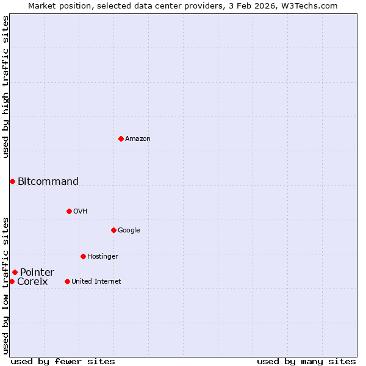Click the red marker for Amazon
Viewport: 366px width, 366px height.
tap(121, 138)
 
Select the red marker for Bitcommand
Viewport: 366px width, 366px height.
tap(12, 181)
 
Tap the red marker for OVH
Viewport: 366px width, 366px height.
tap(69, 211)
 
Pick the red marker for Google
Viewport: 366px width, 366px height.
tap(113, 230)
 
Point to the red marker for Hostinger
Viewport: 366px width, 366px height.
tap(83, 256)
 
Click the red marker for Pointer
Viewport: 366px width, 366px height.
tap(15, 272)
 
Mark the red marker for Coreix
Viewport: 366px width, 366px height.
tap(12, 281)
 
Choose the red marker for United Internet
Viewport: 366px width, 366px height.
tap(67, 281)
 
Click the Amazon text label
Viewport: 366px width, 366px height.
tap(138, 139)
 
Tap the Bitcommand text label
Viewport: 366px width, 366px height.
tap(48, 181)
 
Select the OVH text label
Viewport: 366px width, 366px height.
tap(81, 212)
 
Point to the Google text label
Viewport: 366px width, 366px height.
tap(129, 231)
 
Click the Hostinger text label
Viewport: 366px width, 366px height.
tap(102, 257)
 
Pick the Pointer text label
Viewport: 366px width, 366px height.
tap(37, 272)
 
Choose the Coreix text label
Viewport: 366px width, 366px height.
tap(32, 282)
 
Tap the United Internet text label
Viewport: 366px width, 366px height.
tap(96, 282)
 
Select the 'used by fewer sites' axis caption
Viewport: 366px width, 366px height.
tap(63, 361)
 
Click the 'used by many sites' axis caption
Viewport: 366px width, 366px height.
tap(306, 361)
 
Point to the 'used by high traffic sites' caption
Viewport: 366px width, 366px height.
tap(5, 87)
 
